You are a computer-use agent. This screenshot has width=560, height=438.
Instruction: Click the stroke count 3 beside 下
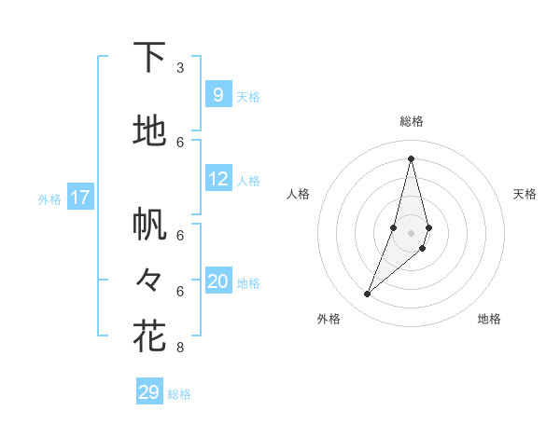180,68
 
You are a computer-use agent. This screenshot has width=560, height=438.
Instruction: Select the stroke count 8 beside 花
180,348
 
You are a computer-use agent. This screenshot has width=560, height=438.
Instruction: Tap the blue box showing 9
217,94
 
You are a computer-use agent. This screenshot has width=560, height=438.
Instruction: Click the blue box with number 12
217,179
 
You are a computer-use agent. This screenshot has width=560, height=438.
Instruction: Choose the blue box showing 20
217,281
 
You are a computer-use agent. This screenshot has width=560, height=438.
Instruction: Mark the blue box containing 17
80,198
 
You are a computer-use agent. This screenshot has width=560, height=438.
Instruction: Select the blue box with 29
149,392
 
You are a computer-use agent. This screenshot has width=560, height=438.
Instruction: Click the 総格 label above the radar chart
411,121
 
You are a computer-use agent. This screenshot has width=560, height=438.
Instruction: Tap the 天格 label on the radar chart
525,194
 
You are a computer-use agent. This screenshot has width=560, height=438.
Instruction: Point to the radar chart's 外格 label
329,319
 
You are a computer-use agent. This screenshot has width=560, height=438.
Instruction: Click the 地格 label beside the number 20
248,283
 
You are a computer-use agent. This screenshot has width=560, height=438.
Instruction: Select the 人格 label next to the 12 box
248,181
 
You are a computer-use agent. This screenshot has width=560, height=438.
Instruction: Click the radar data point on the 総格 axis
411,158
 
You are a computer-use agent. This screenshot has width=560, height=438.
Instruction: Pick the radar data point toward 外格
367,294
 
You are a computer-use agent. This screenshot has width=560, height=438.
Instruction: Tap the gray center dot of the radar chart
411,232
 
